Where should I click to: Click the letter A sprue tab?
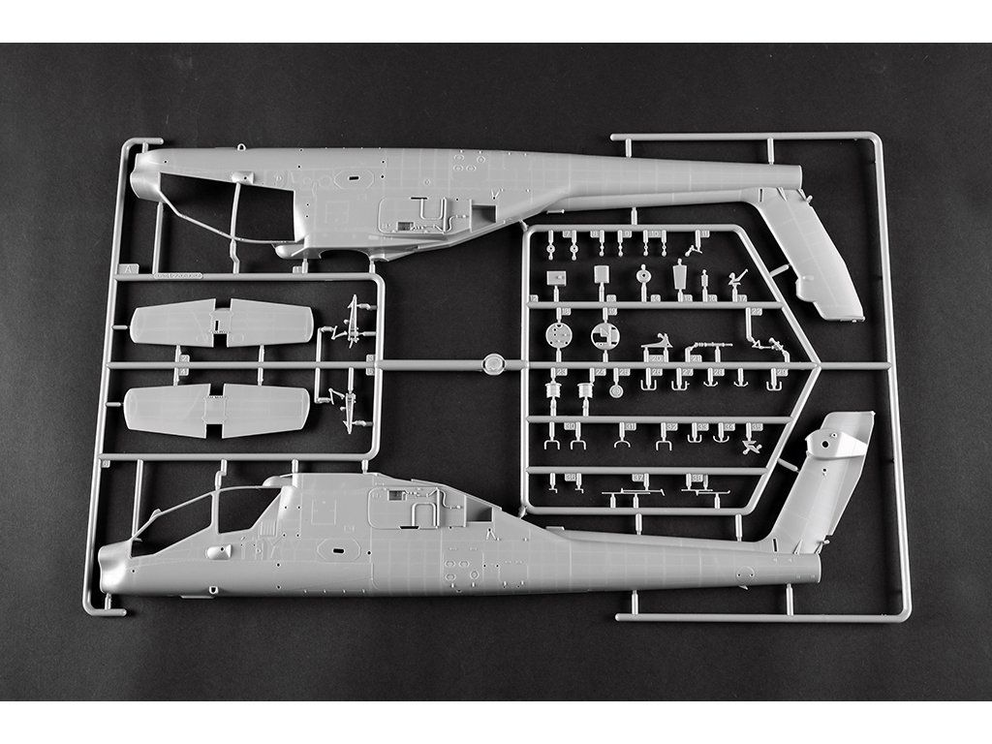coord(123,269)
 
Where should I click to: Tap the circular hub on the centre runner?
coord(494,364)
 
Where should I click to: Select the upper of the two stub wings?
coord(222,323)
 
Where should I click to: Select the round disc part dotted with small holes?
coord(558,337)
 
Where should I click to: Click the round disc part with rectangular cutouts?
coord(604,336)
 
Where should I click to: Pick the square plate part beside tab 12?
coord(556,277)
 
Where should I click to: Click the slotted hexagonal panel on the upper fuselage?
coord(354,178)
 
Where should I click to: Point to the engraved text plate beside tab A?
coord(176,276)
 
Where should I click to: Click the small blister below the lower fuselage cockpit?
coord(218,551)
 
